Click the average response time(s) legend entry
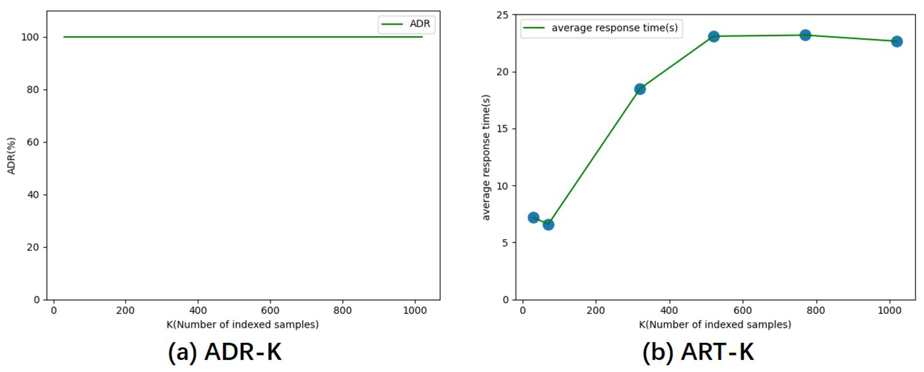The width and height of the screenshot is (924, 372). click(602, 28)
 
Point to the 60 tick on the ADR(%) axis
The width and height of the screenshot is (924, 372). click(33, 142)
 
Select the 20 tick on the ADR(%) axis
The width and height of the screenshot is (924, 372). click(33, 247)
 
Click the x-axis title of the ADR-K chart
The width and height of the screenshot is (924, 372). click(242, 325)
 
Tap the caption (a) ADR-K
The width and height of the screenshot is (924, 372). click(225, 352)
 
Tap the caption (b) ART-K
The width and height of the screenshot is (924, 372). click(698, 352)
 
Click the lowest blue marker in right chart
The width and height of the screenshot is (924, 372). click(548, 225)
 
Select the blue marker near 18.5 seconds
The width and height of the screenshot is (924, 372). click(640, 89)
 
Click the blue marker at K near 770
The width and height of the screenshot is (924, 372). click(805, 35)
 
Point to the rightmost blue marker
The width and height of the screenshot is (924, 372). click(897, 41)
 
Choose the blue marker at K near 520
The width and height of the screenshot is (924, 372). click(714, 36)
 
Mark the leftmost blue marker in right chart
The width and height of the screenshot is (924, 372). click(533, 218)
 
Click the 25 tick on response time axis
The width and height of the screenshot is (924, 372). click(503, 15)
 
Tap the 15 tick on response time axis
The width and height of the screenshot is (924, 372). click(503, 129)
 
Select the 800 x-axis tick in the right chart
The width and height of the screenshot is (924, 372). click(816, 311)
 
